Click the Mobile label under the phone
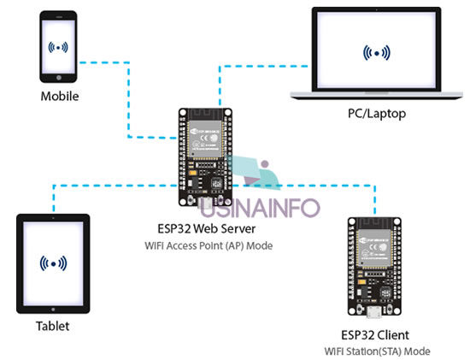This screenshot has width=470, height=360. click(60, 97)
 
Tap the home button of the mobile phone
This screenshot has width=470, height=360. click(59, 78)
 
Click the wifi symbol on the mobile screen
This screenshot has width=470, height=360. click(58, 47)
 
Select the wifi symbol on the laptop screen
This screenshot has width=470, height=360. click(377, 53)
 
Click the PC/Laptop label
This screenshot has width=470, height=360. click(377, 114)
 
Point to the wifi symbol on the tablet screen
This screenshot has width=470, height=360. click(53, 263)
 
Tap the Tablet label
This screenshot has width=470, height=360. click(53, 326)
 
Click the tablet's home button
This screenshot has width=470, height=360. click(53, 310)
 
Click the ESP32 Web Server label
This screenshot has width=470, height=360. click(207, 229)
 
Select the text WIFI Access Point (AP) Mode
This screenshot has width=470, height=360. click(209, 245)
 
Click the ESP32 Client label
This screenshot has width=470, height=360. click(375, 335)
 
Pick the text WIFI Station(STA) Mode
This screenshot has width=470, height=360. click(378, 351)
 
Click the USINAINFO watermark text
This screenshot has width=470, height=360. click(260, 208)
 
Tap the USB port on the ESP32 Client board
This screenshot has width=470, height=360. click(374, 312)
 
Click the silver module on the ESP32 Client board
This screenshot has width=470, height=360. click(374, 248)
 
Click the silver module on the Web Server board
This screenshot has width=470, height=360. click(205, 139)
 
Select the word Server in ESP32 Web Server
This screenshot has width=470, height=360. click(238, 229)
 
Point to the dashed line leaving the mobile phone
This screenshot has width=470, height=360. click(129, 100)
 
